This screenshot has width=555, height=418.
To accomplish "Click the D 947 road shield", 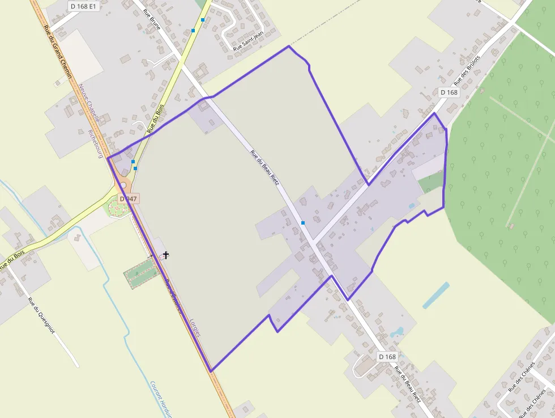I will coord(129,199).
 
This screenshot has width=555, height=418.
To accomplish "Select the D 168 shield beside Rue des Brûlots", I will coord(449,92).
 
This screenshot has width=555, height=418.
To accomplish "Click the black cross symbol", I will coord(165,255).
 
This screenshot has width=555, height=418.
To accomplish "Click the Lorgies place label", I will coord(195,326).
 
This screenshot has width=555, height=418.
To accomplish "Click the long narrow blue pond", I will coord(436,295).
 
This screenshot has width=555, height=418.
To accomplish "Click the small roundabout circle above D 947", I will coord(123,185).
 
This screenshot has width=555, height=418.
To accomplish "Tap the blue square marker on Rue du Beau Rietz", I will coord(303,222).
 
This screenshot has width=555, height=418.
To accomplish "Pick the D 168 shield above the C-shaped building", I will coord(387,356).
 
